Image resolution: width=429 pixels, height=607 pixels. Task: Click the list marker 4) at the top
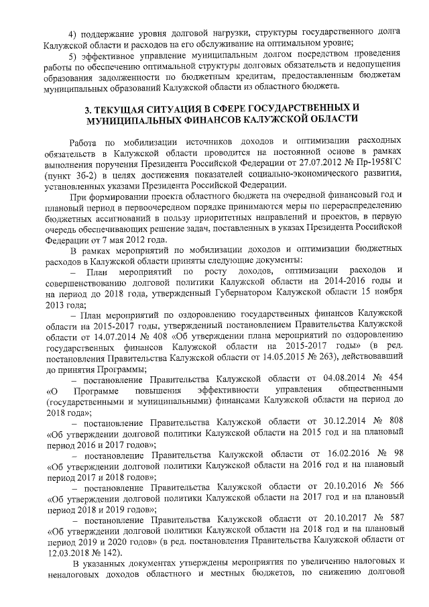pos(74,34)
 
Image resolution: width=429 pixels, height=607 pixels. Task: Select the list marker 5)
pos(74,56)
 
